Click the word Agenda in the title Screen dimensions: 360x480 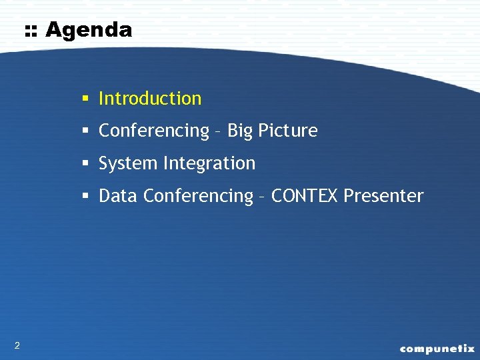(x=89, y=30)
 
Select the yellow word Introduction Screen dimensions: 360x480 (x=150, y=99)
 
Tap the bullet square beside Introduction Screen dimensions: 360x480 (x=86, y=99)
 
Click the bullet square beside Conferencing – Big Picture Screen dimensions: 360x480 (x=86, y=131)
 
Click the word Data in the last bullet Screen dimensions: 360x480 (x=118, y=196)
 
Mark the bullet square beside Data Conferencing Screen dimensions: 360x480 (x=86, y=197)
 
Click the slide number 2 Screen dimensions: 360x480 (x=17, y=345)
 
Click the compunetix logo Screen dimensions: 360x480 (x=437, y=348)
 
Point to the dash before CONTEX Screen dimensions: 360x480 (x=263, y=197)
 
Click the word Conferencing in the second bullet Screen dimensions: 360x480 (x=154, y=131)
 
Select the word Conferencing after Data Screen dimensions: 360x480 (x=198, y=196)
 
